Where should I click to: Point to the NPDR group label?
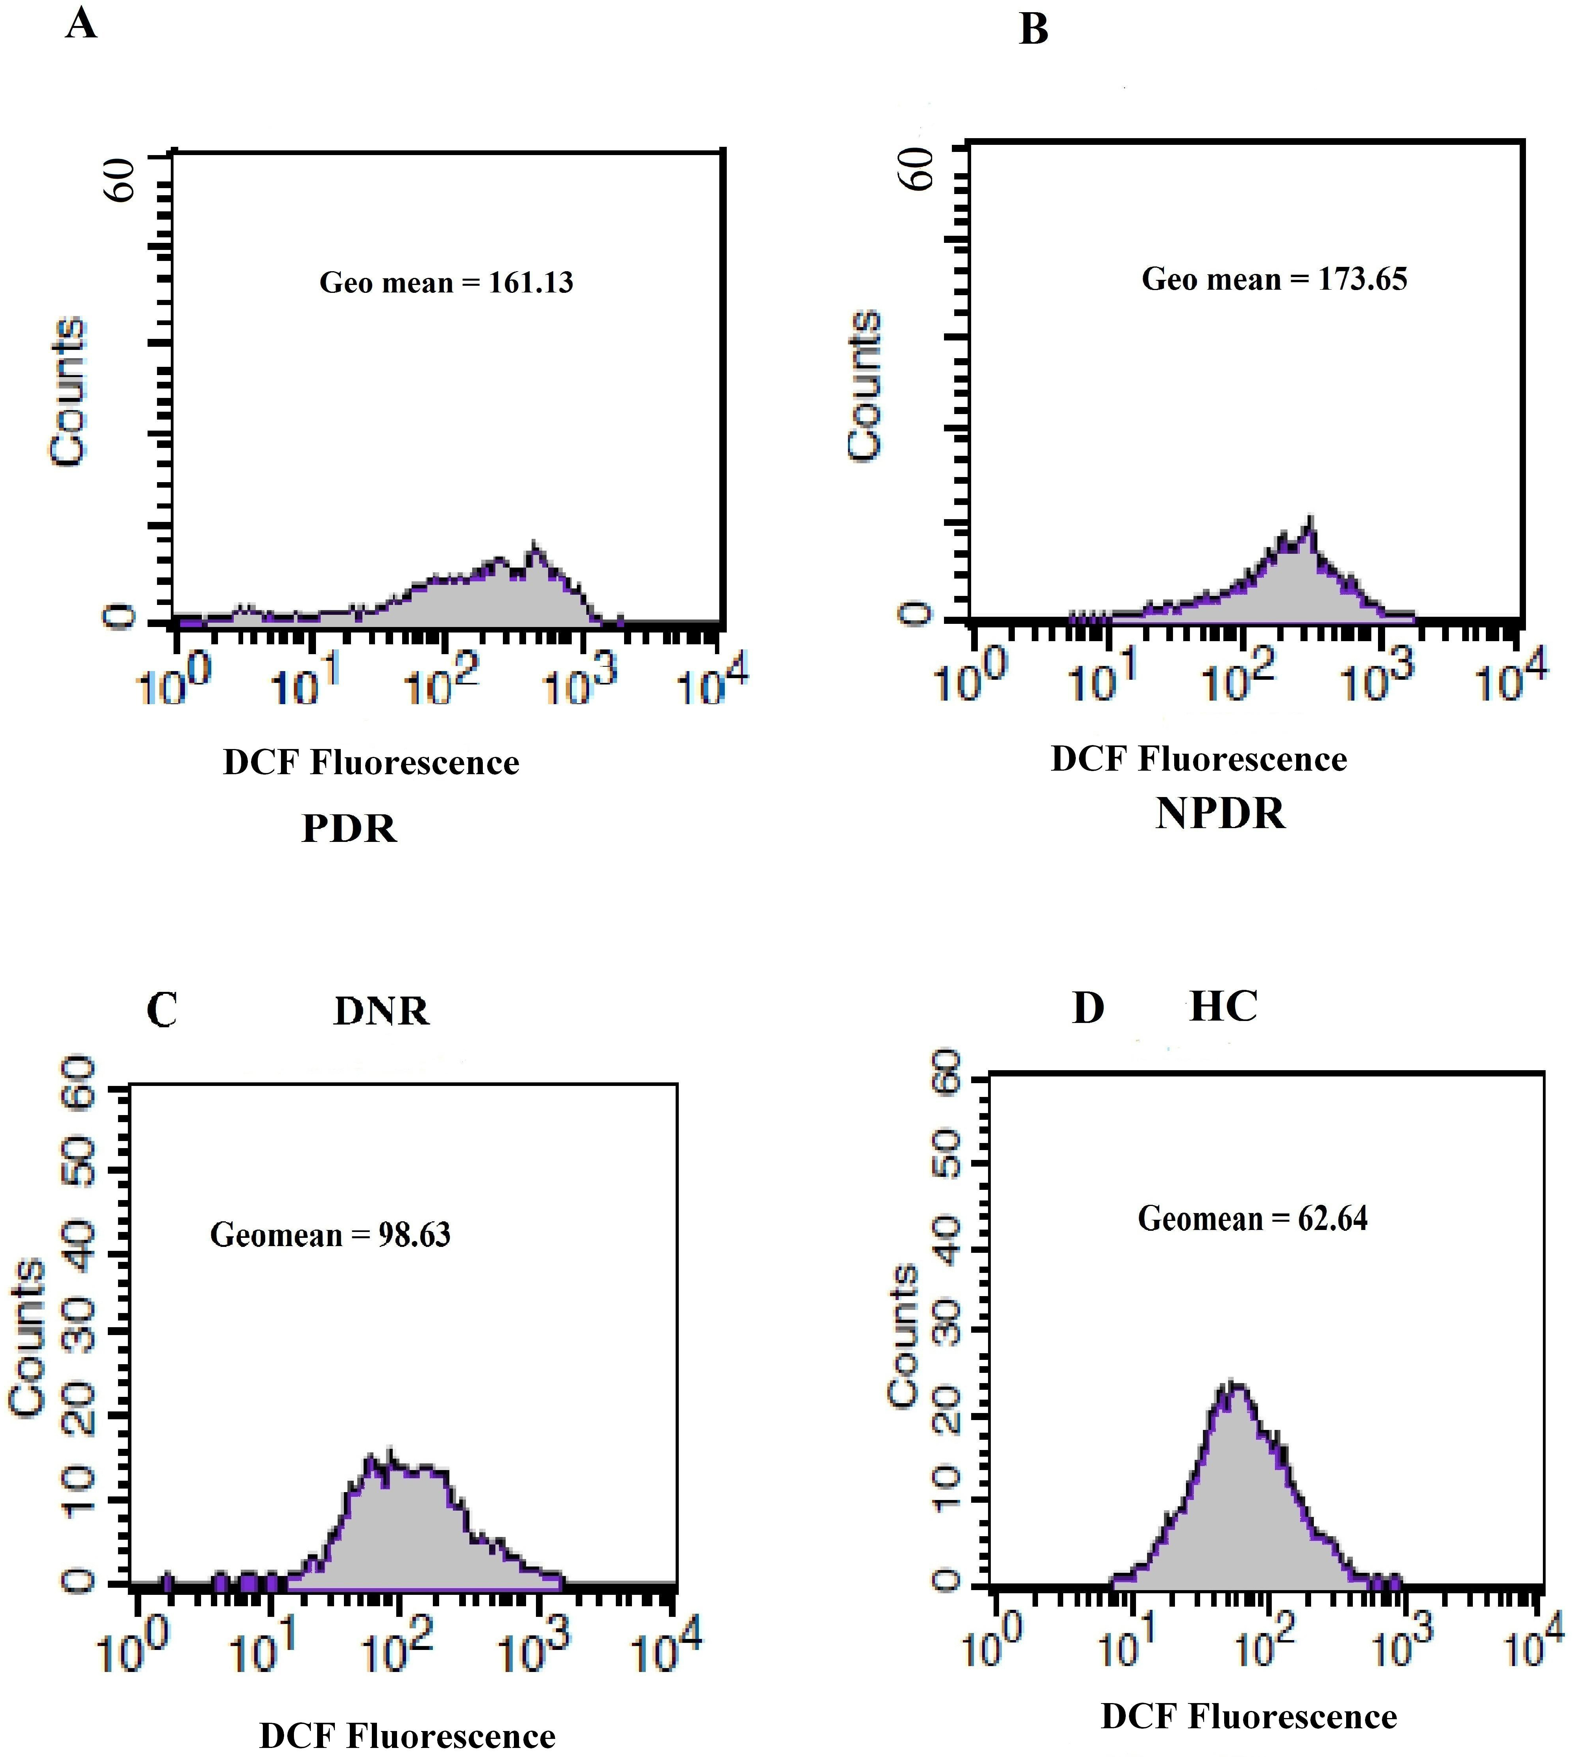point(1221,814)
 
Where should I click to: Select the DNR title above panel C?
point(381,1011)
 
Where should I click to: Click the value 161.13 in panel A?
point(530,283)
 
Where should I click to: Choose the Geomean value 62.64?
point(1333,1218)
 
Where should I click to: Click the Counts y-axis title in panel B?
point(864,385)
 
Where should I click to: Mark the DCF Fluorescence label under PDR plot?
point(371,763)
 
